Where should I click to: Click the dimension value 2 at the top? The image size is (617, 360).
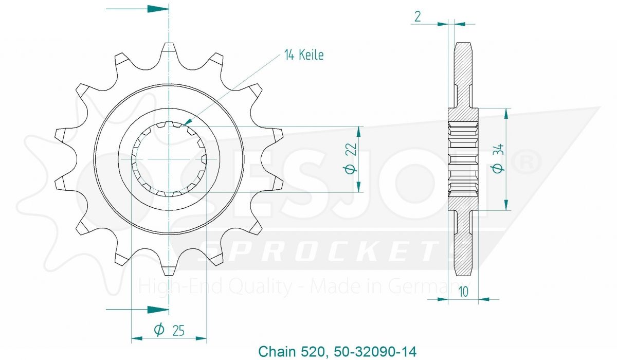click(418, 17)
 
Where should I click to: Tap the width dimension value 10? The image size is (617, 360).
click(464, 292)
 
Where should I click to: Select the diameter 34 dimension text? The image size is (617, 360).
click(498, 158)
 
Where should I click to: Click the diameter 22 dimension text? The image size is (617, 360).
click(350, 158)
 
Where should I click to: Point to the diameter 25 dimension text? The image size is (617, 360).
click(169, 330)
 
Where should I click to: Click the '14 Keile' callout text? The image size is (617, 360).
click(304, 55)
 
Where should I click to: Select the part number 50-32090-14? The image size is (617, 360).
click(375, 352)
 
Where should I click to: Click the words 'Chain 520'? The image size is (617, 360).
click(293, 352)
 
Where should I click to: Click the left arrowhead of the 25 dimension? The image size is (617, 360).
click(137, 338)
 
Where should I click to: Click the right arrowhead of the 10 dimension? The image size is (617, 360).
click(484, 299)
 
